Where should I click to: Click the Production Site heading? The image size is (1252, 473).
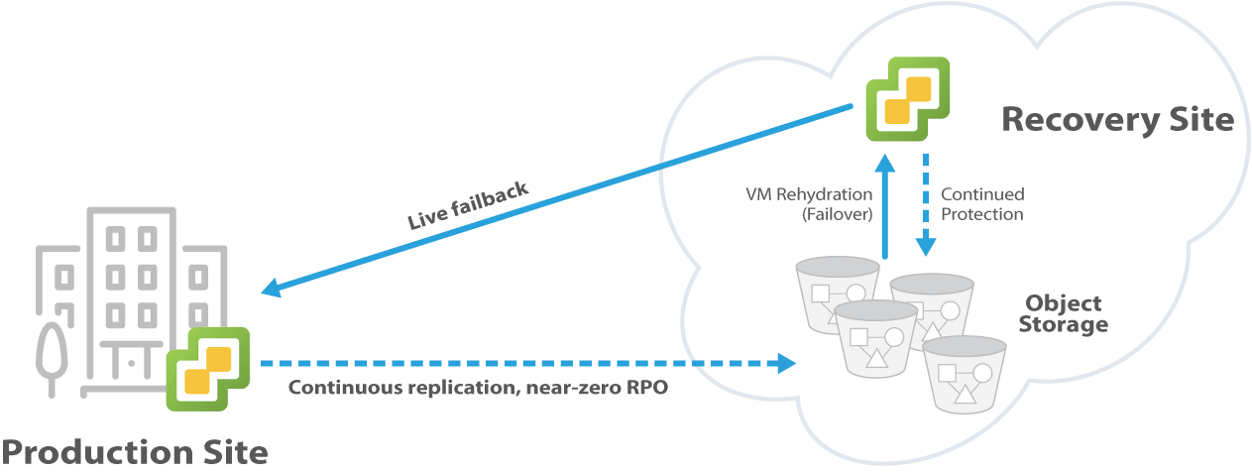[x=135, y=452]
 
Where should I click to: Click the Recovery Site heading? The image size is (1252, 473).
[x=1117, y=119]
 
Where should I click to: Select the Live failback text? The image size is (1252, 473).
[x=468, y=205]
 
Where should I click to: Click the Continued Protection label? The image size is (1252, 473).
[x=982, y=204]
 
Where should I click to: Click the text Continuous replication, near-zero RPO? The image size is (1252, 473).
[x=478, y=387]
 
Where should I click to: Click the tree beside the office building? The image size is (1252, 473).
[x=52, y=352]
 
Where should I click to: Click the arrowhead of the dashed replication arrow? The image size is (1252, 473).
[x=788, y=363]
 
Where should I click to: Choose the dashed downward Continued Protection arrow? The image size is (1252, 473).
[x=926, y=203]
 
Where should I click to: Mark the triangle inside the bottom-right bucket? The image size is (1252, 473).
[x=965, y=396]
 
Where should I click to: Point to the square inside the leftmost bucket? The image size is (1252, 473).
[x=820, y=293]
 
